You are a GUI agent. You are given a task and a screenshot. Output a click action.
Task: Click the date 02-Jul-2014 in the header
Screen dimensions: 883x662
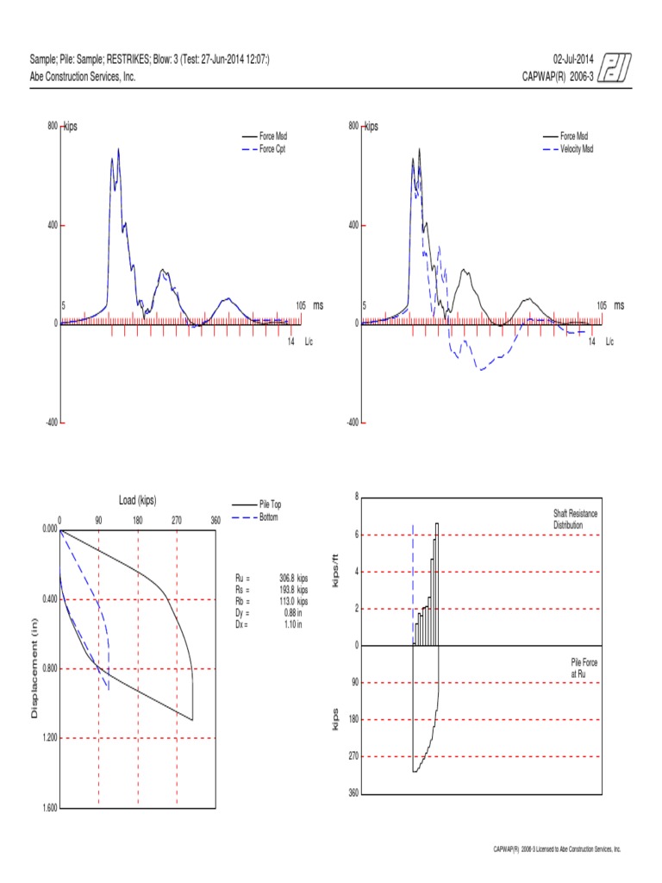point(573,59)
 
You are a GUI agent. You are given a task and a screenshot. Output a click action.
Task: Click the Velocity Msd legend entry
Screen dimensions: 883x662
point(577,149)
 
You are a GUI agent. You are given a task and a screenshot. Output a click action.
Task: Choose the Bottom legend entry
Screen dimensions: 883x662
point(268,517)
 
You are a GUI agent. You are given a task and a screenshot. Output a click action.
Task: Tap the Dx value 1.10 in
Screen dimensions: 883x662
point(292,624)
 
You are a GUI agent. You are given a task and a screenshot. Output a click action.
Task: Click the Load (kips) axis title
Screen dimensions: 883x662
point(138,500)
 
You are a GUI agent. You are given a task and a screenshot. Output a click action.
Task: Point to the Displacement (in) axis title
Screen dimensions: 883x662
point(35,668)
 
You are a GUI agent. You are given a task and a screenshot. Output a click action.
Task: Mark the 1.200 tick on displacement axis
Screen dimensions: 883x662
point(45,738)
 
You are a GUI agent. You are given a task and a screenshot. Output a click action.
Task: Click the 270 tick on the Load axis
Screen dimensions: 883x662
point(177,520)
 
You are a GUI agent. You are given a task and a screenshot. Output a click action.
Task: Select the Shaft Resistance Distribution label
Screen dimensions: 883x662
point(575,519)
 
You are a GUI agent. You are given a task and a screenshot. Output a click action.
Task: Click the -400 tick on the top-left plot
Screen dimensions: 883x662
point(50,423)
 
